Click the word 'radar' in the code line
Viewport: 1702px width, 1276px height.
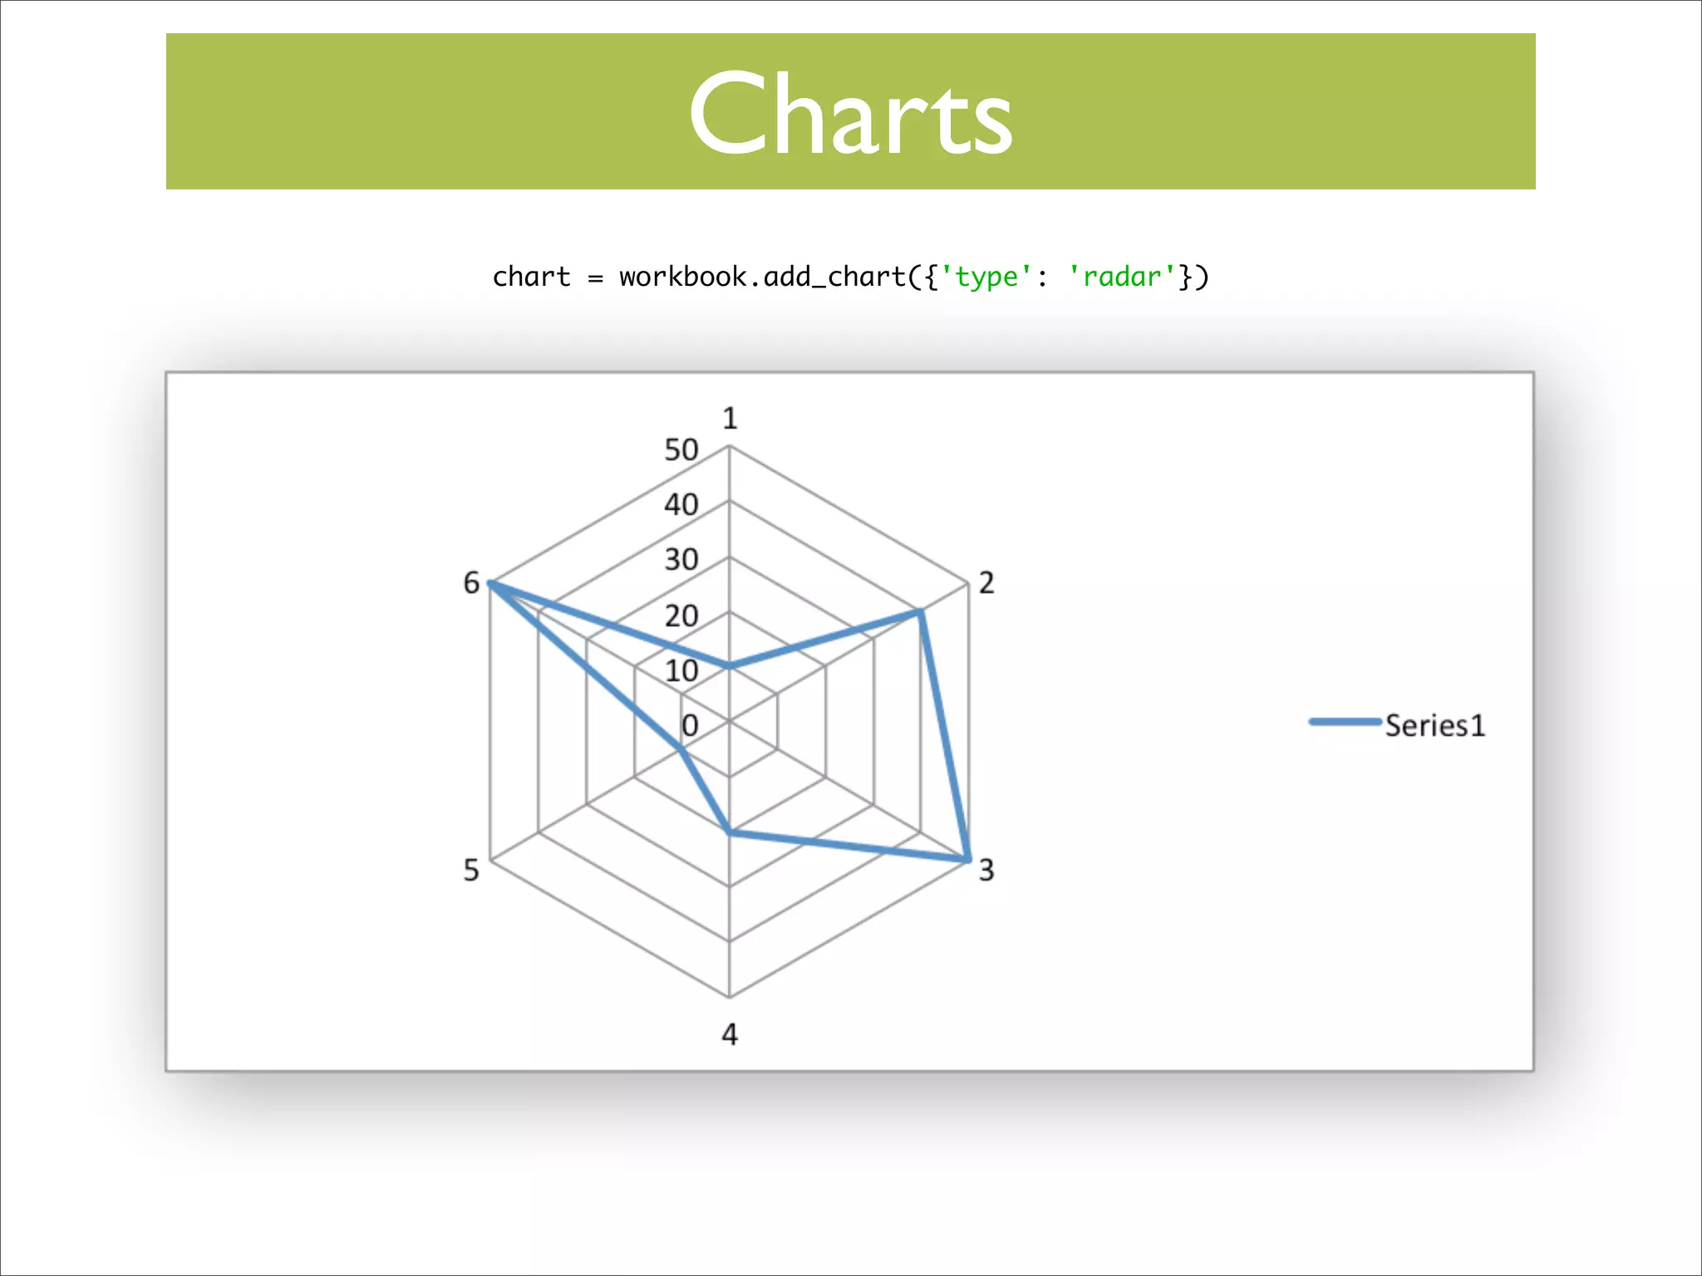tap(1122, 276)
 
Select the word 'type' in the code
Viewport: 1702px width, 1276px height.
tap(986, 276)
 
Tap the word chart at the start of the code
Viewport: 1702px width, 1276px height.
tap(531, 276)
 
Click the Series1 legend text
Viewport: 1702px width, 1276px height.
tap(1434, 725)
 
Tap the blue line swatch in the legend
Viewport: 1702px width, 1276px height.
tap(1344, 721)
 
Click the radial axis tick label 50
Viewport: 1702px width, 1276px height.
tap(681, 450)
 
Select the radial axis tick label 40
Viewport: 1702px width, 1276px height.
tap(681, 505)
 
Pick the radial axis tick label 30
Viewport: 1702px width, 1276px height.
tap(681, 560)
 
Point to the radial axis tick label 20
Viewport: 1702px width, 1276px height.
tap(681, 616)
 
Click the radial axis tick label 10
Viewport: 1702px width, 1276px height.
tap(681, 670)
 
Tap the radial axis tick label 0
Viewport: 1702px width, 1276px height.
tap(689, 725)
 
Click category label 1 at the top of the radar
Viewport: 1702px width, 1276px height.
tap(730, 418)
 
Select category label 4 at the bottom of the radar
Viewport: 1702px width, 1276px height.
tap(730, 1034)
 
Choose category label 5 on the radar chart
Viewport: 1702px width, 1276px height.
tap(471, 870)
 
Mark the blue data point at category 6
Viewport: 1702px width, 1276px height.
tap(491, 583)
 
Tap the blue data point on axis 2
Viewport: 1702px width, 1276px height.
tap(920, 612)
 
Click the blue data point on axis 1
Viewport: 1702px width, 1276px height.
tap(730, 665)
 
